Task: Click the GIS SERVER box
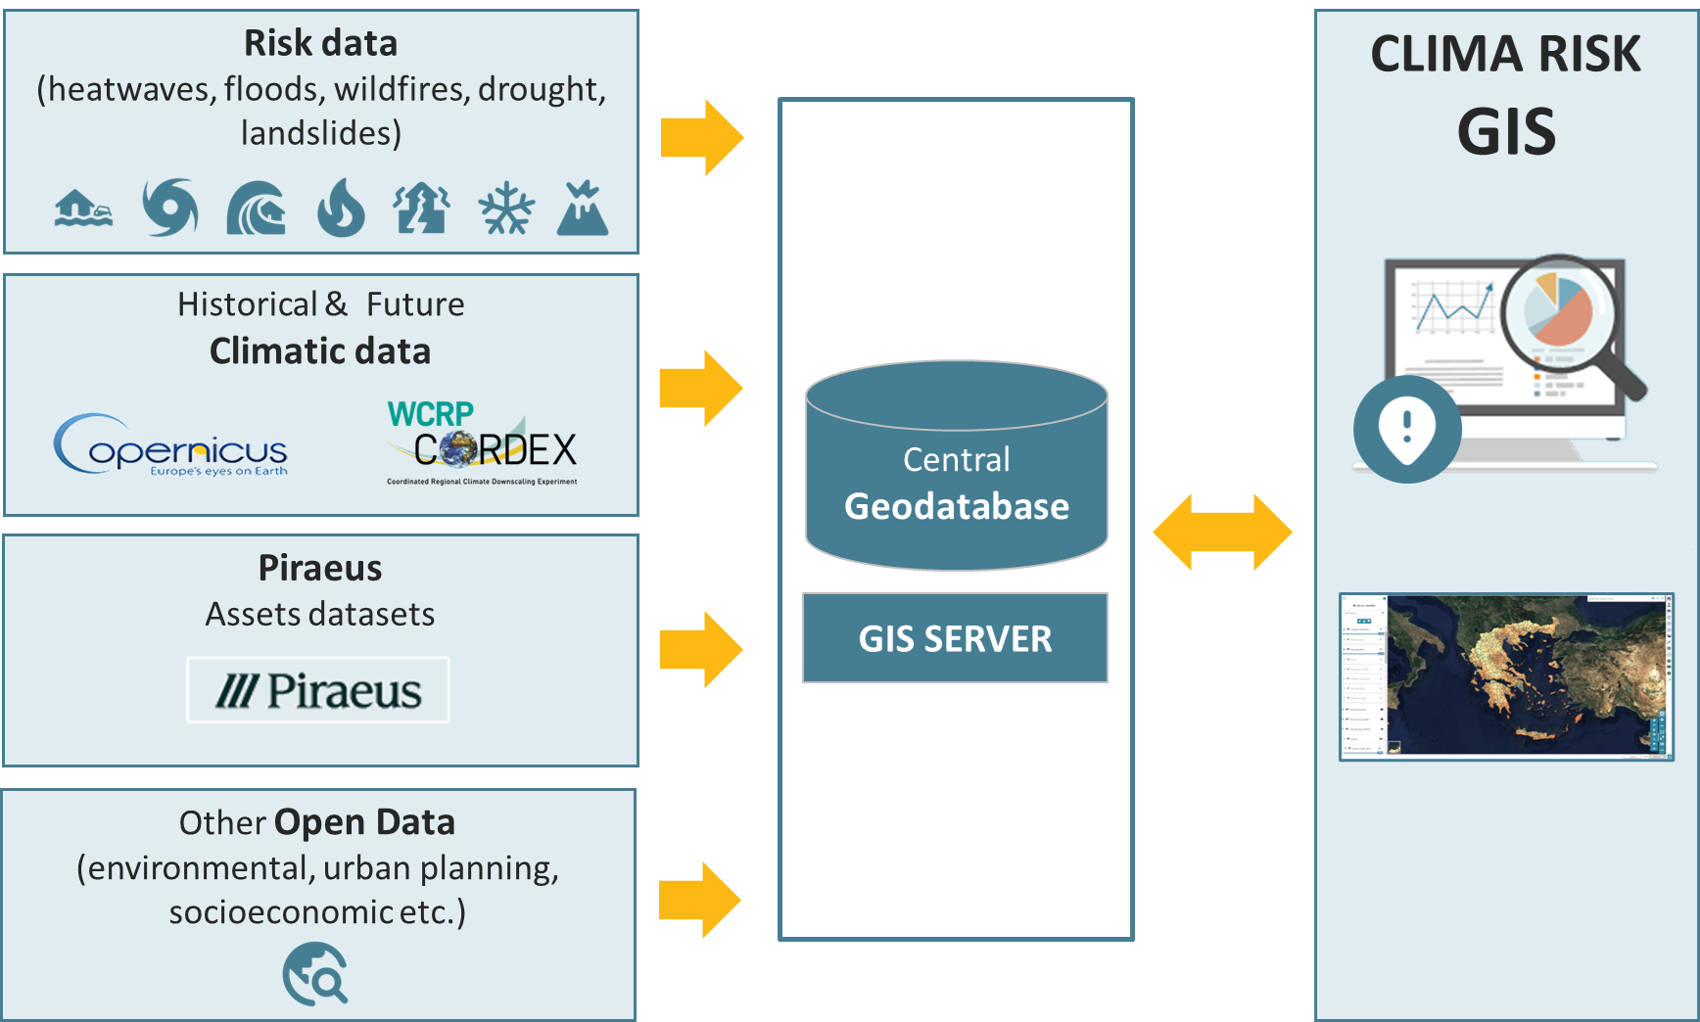point(955,638)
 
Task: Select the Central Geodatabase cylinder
point(956,467)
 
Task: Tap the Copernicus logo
point(171,446)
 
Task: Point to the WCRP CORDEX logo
point(482,443)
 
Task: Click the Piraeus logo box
point(318,690)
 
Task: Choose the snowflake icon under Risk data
point(506,209)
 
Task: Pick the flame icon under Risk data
point(341,209)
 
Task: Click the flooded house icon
point(83,209)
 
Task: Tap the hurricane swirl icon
point(170,208)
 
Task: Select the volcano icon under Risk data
point(583,209)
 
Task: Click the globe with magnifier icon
point(315,974)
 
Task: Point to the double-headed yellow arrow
point(1222,532)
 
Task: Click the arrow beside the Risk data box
point(702,138)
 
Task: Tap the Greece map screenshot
point(1506,676)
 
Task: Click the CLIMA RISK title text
point(1505,54)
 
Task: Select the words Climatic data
point(320,351)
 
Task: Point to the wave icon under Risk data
point(256,209)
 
